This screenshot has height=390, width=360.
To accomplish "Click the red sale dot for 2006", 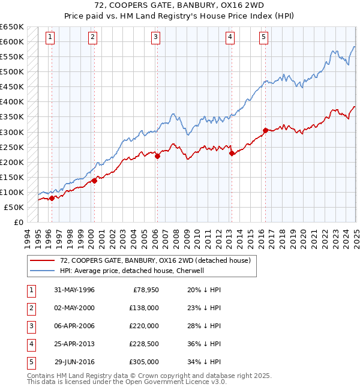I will coord(157,157).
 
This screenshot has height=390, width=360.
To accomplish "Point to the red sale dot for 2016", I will coord(265,130).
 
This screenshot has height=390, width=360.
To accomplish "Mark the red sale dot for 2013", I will coord(232,154).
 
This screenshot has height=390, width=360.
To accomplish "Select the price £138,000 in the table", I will coord(145,308).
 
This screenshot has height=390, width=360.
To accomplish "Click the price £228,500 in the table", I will coord(145,344).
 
